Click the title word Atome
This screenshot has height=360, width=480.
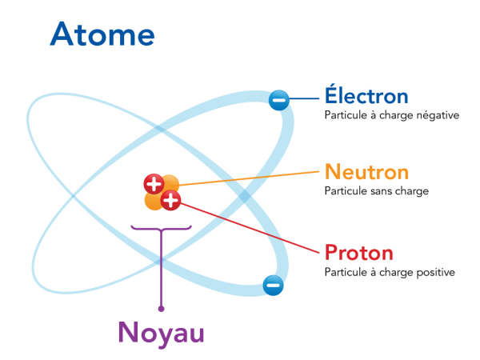(102, 34)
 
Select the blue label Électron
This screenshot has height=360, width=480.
(366, 94)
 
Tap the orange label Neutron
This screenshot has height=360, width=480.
(366, 172)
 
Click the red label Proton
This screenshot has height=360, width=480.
(359, 253)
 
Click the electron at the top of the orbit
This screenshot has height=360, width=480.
(279, 100)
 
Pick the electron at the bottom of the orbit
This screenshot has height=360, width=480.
(273, 286)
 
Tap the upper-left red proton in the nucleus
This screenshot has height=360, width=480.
(154, 184)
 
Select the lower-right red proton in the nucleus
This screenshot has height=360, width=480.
(170, 200)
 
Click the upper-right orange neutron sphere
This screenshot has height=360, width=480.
(170, 184)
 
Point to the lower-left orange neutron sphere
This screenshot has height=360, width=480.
(154, 201)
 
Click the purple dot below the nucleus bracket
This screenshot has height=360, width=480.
(162, 309)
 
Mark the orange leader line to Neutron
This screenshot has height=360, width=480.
(249, 178)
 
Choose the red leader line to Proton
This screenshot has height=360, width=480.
(250, 228)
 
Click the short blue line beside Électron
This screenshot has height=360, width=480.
(304, 98)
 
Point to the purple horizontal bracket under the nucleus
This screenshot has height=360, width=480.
(162, 228)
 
